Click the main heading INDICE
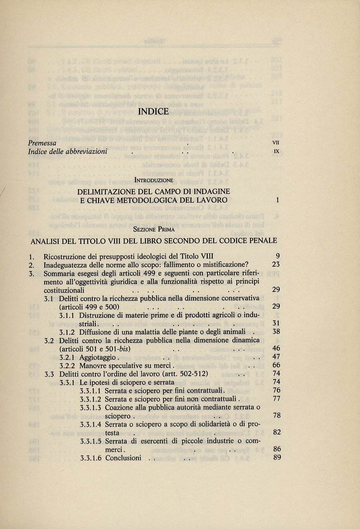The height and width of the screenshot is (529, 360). tap(153, 112)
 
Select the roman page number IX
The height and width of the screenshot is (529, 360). tap(277, 151)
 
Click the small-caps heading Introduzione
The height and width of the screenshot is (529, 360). tap(154, 180)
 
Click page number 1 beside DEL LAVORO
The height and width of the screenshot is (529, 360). tap(278, 200)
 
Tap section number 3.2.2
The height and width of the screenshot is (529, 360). tap(68, 365)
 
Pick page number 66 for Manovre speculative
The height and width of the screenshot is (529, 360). tap(277, 365)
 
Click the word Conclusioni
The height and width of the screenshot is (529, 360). tap(123, 458)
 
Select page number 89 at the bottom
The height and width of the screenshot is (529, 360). tap(277, 458)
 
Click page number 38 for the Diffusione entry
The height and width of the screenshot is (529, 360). tap(277, 331)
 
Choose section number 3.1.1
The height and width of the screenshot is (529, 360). tap(68, 315)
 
